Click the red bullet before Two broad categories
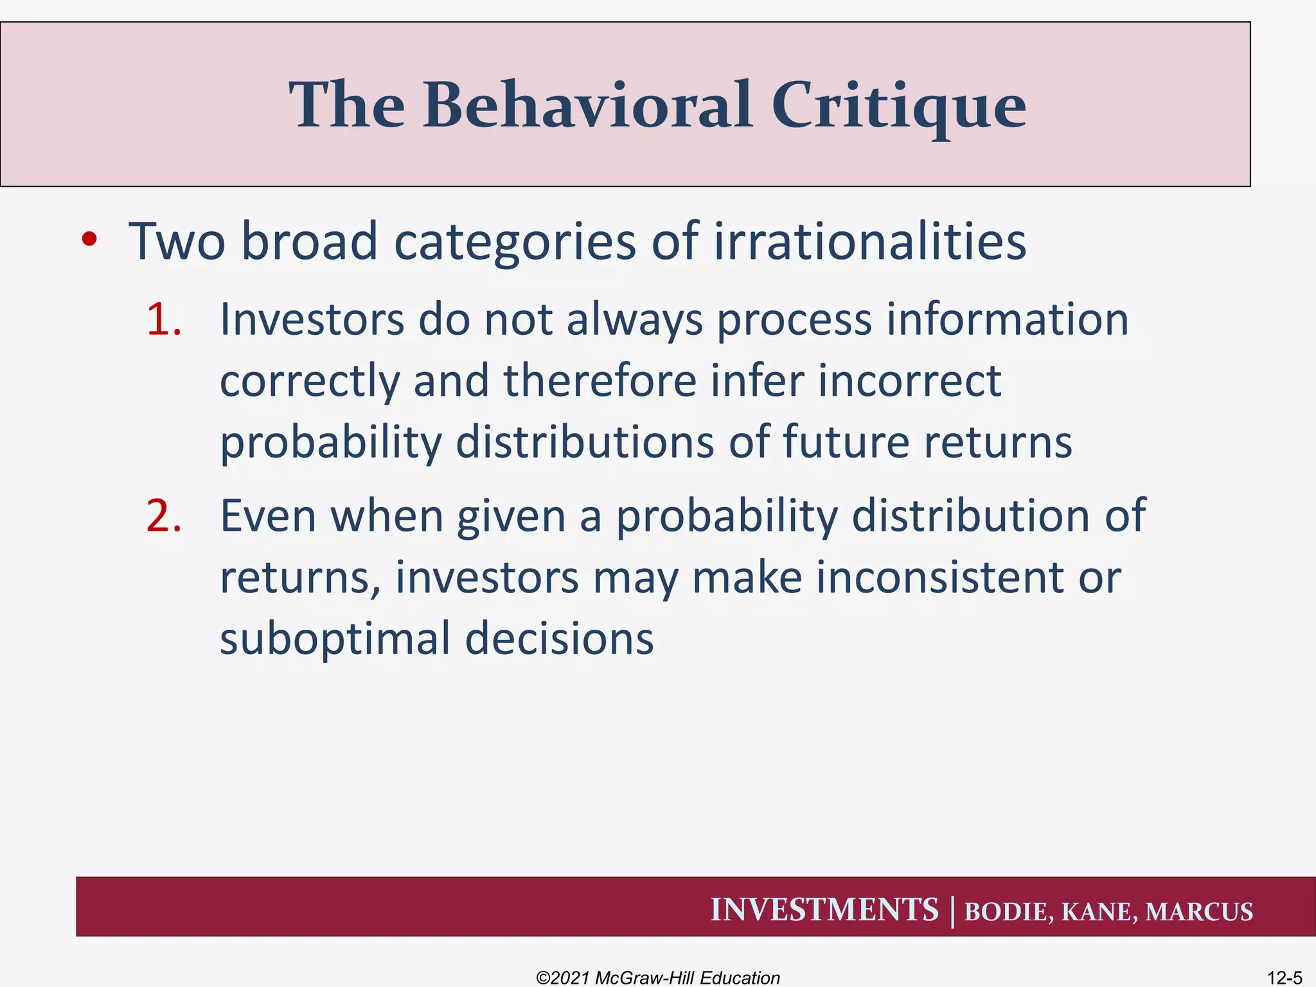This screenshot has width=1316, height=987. tap(89, 240)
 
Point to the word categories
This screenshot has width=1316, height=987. tap(514, 243)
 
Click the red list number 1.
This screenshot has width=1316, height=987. tap(164, 319)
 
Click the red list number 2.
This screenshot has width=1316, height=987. tap(164, 516)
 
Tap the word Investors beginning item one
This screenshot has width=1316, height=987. tap(312, 319)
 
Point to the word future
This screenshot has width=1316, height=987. tap(846, 442)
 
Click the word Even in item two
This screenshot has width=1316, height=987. tap(268, 516)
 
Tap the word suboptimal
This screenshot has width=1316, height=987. tap(335, 639)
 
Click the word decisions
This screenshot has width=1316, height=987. tap(558, 639)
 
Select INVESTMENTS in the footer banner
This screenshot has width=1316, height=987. tap(824, 910)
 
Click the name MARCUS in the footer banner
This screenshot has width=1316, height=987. tap(1198, 912)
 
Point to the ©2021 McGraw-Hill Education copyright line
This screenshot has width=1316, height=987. tap(657, 977)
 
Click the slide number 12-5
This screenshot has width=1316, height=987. tap(1284, 977)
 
